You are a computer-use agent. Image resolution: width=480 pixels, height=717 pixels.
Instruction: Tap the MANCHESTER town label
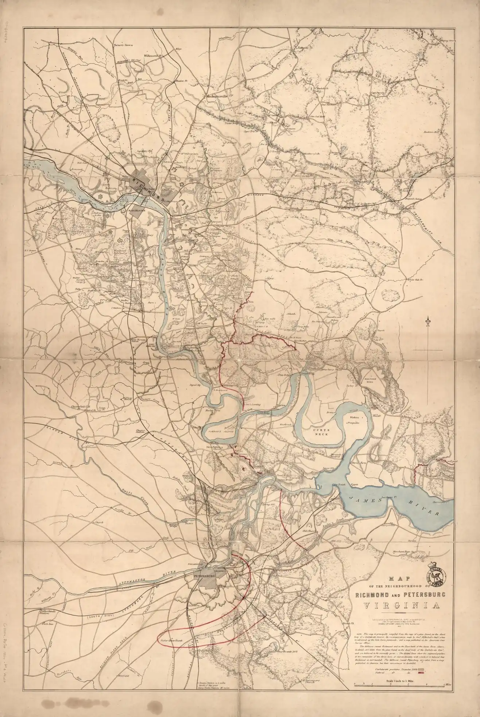[x=134, y=210]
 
